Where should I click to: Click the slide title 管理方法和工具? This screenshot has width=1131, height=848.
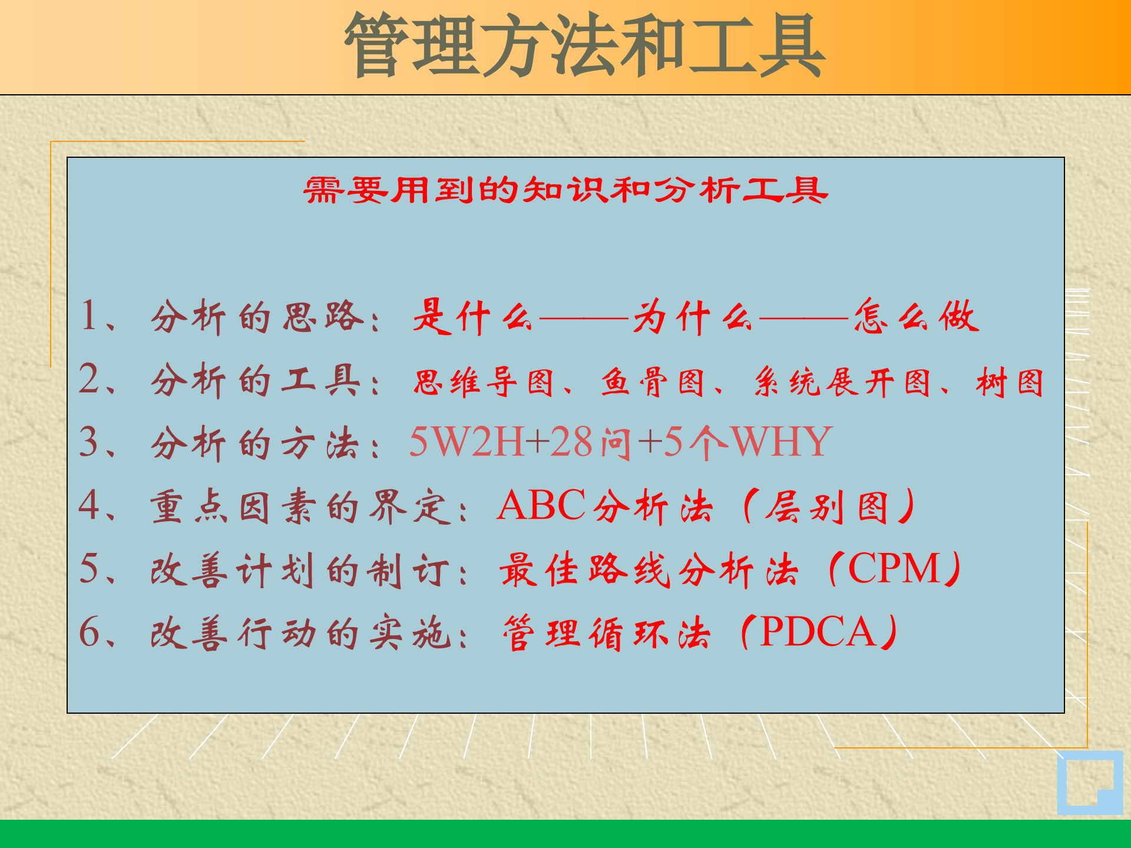coord(584,46)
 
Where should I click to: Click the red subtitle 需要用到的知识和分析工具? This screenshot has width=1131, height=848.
coord(565,190)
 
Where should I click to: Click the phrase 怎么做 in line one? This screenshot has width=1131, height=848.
coord(916,317)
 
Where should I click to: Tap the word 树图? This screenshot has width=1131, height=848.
coord(1010,383)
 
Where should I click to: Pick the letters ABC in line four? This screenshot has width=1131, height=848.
coord(541,505)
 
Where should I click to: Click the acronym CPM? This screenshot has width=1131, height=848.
coord(894,569)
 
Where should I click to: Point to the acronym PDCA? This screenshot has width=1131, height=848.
coord(818,632)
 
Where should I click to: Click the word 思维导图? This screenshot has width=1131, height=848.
coord(483,383)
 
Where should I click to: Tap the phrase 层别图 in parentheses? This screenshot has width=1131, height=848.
coord(827,506)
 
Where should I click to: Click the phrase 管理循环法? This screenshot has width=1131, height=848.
coord(607,633)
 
